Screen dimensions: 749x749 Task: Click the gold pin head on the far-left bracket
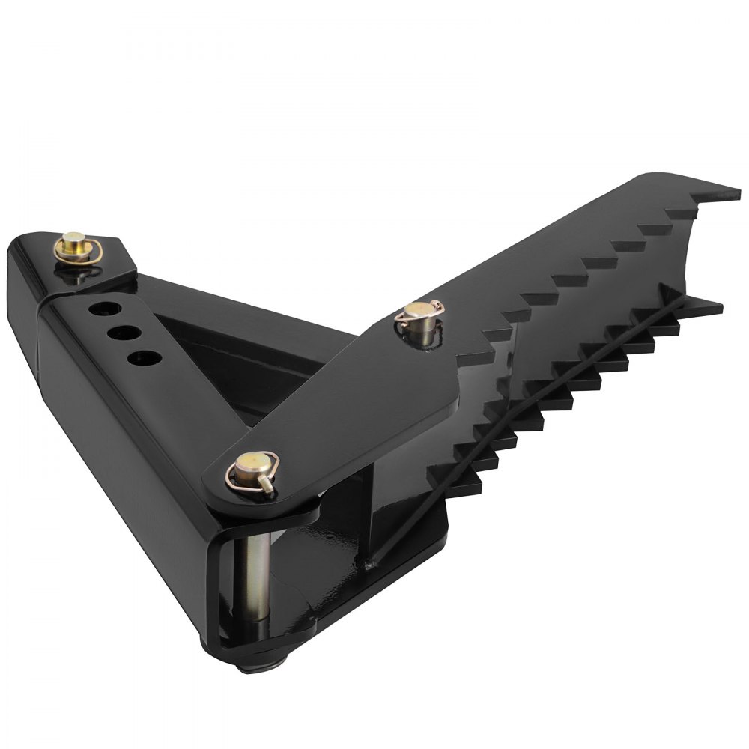(x=74, y=242)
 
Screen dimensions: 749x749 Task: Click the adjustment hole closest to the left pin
(x=97, y=307)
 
